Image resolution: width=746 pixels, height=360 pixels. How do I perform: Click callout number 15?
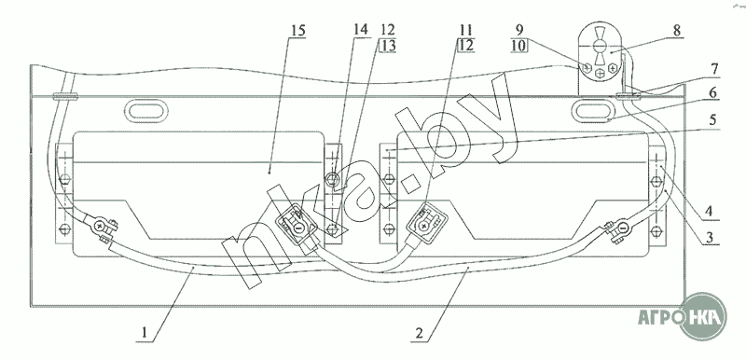[x=297, y=31]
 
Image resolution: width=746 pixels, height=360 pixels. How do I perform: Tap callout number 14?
[x=361, y=30]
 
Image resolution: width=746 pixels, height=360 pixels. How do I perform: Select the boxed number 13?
[x=388, y=46]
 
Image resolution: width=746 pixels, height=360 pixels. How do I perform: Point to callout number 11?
[x=465, y=30]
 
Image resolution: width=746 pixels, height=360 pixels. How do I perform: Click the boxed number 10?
[x=518, y=46]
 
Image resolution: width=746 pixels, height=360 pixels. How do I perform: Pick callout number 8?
[x=678, y=32]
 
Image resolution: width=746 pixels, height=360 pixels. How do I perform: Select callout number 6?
[x=712, y=93]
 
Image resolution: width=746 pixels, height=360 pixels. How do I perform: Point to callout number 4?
[x=710, y=211]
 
